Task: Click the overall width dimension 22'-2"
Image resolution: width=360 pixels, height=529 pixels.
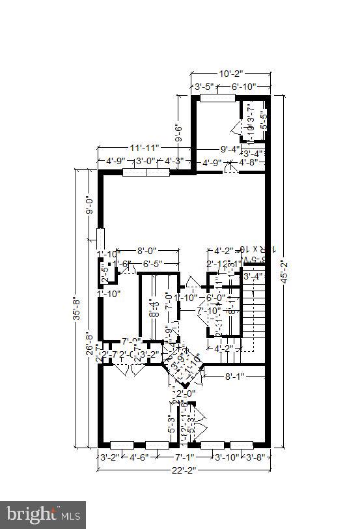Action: [184, 469]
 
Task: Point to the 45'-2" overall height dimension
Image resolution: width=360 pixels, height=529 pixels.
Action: [281, 270]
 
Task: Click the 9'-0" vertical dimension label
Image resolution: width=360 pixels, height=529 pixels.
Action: [89, 205]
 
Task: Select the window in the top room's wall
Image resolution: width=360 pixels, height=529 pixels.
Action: [217, 98]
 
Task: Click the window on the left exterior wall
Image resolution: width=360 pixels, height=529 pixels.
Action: [100, 238]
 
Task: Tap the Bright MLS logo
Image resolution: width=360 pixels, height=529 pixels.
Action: [43, 515]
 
